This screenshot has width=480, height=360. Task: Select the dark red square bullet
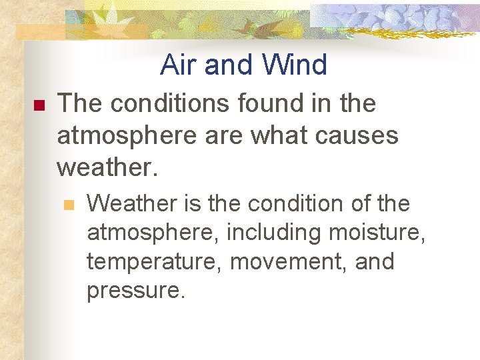coord(38,106)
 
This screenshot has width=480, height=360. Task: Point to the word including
coord(275,233)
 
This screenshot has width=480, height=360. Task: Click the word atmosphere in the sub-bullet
coord(153,233)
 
